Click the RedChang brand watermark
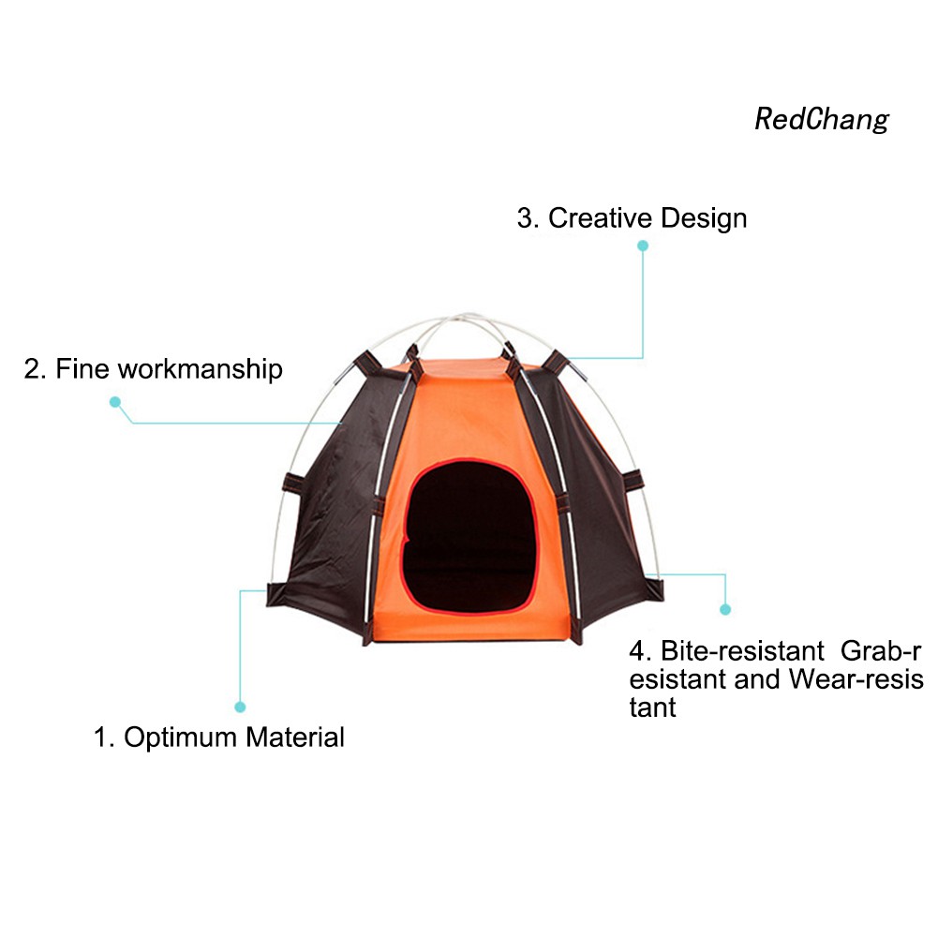point(821,120)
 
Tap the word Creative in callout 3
point(600,218)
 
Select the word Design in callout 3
point(703,218)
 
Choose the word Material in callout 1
point(295,737)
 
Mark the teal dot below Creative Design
point(643,246)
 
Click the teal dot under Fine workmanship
point(115,402)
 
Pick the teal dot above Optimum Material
point(240,707)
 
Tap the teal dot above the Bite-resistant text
point(725,609)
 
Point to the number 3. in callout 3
point(528,218)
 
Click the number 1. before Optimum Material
point(103,737)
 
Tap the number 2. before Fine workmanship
point(35,369)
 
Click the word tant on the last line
point(652,707)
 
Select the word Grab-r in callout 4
point(882,650)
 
